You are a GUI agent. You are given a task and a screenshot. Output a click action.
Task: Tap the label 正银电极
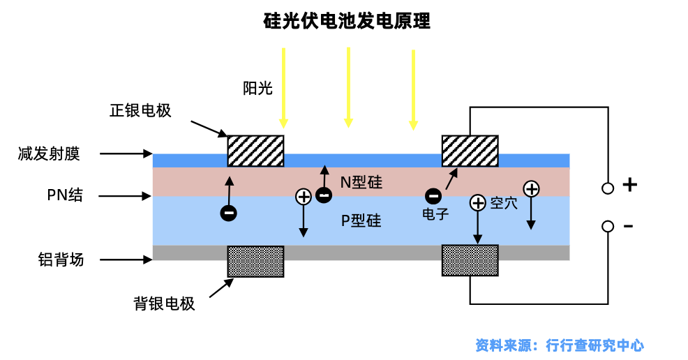(140, 111)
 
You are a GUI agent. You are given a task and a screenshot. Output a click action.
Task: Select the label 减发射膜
(49, 153)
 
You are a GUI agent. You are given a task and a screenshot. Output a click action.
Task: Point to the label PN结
(64, 195)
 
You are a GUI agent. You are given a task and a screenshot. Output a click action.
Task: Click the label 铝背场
(61, 260)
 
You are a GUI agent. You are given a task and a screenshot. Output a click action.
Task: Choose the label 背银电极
(164, 303)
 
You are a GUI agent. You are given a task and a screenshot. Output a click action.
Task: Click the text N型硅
(361, 183)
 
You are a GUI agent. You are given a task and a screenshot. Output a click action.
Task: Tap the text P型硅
(361, 221)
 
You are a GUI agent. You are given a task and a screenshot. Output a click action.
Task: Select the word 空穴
(504, 203)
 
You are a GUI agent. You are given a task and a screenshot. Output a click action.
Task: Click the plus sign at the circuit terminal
(629, 185)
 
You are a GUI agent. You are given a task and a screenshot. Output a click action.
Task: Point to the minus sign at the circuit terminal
(628, 226)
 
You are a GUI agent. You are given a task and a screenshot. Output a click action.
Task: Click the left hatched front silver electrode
(255, 151)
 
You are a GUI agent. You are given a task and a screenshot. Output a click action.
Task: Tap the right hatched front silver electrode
(470, 151)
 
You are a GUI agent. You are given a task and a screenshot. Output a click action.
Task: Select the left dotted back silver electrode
(255, 261)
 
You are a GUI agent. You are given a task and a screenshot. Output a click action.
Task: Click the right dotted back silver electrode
(470, 260)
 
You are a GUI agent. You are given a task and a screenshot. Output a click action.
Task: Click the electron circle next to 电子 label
(433, 197)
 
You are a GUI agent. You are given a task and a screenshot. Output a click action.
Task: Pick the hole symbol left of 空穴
(477, 203)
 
